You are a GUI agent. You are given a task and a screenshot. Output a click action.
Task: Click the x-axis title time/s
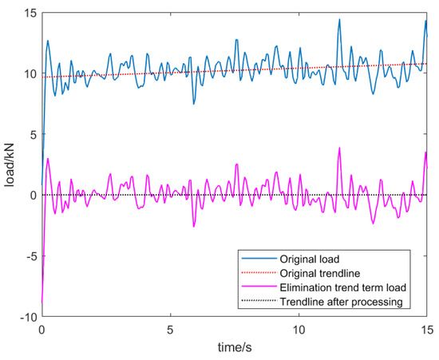234,349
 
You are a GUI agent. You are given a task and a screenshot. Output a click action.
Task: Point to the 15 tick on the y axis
30,13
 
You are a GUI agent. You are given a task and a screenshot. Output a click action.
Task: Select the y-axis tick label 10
30,73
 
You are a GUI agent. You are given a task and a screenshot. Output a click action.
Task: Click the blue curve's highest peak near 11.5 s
339,19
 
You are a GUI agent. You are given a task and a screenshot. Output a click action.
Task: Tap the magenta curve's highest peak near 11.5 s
339,148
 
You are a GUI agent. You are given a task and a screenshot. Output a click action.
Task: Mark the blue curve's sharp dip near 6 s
193,104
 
